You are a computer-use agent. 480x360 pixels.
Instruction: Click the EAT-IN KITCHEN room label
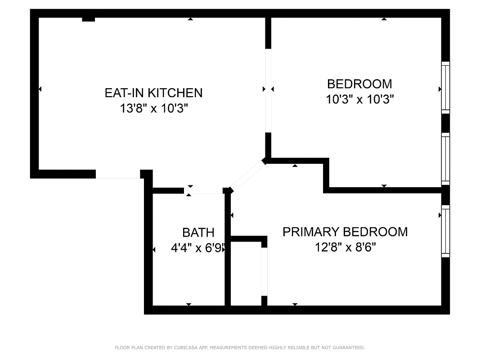pos(153,93)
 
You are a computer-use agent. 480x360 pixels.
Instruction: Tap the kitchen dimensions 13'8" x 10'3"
pos(153,108)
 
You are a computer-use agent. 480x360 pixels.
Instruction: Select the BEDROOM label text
pos(359,84)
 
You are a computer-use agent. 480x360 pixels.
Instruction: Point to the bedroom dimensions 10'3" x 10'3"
pos(359,99)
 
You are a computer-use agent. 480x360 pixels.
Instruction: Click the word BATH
pos(198,233)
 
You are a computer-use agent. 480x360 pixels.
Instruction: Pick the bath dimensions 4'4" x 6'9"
pos(198,247)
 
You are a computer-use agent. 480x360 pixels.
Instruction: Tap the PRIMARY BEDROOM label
pos(345,232)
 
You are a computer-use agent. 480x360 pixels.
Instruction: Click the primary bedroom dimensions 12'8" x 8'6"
pos(345,247)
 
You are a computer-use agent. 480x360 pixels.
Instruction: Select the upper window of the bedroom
pos(445,87)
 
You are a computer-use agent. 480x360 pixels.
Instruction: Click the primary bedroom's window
pos(445,231)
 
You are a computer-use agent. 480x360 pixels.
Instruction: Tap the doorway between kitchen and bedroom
pos(268,90)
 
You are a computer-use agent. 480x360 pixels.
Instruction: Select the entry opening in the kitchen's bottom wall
pos(118,175)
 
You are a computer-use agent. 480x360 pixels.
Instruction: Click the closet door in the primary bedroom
pos(265,271)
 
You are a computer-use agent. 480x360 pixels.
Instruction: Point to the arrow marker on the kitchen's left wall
pos(40,89)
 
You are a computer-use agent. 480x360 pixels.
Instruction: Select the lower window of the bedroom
pos(445,158)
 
